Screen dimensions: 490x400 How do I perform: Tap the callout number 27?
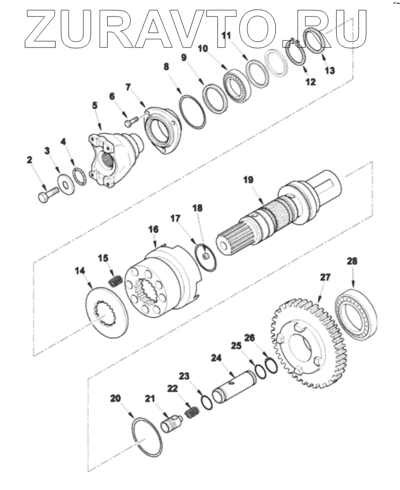point(325,278)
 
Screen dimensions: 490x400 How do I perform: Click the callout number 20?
point(116,398)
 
